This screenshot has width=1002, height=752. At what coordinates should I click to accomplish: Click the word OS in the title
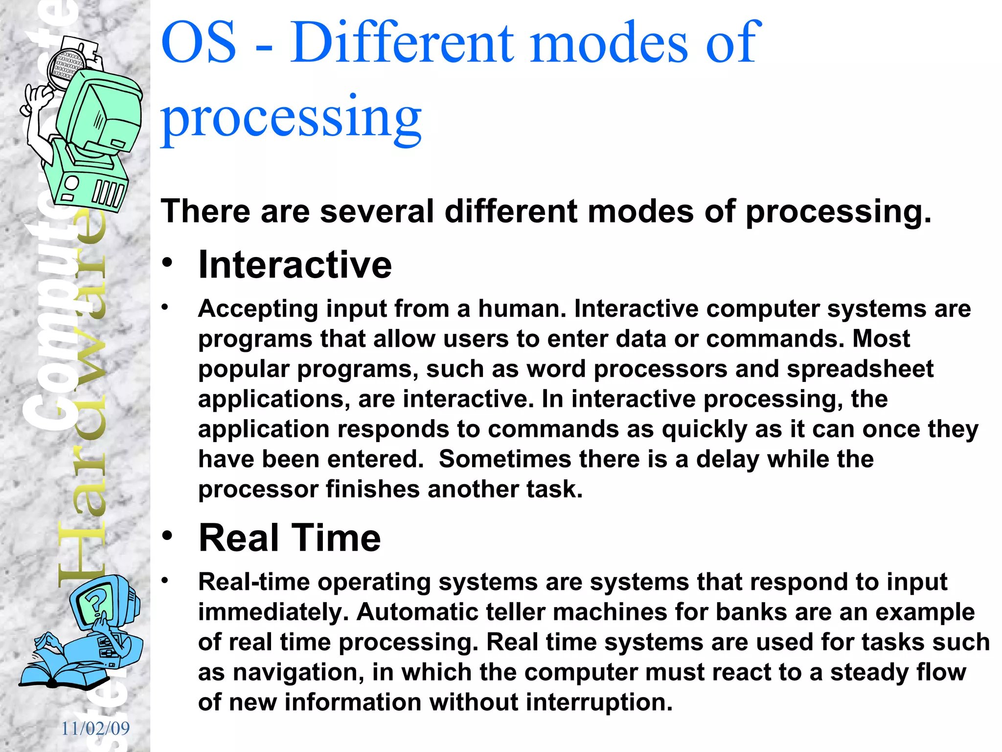tap(198, 43)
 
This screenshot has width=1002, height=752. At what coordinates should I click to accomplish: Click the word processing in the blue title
tap(291, 117)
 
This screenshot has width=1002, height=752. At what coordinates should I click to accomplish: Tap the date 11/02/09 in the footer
tap(95, 728)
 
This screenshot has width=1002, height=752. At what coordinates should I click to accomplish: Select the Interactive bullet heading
tap(295, 265)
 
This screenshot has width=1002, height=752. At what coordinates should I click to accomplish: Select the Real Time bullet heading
tap(289, 538)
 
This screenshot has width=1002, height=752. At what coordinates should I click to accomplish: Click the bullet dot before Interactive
tap(167, 263)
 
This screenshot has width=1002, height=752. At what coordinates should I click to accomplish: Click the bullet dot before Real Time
tap(167, 536)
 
